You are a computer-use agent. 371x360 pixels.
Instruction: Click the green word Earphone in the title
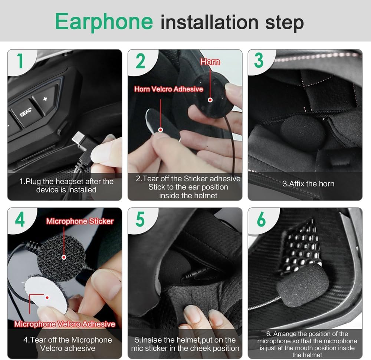[104, 21]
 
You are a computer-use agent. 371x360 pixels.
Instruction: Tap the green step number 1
[20, 61]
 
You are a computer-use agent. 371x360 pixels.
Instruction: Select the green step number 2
[140, 61]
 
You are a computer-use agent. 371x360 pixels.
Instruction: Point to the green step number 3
[259, 61]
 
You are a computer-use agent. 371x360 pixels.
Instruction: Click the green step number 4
[20, 219]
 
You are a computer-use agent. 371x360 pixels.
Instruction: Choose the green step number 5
[140, 219]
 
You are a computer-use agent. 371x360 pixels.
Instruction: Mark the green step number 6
[261, 219]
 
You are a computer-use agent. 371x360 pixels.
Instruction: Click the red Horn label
[210, 62]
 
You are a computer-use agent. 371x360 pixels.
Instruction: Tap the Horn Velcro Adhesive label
[168, 89]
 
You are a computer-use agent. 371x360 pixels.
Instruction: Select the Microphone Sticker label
[80, 221]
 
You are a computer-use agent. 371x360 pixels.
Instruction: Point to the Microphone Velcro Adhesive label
[65, 324]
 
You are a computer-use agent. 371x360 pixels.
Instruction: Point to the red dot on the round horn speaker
[210, 100]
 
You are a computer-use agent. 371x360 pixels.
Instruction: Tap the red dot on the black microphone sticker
[64, 257]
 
